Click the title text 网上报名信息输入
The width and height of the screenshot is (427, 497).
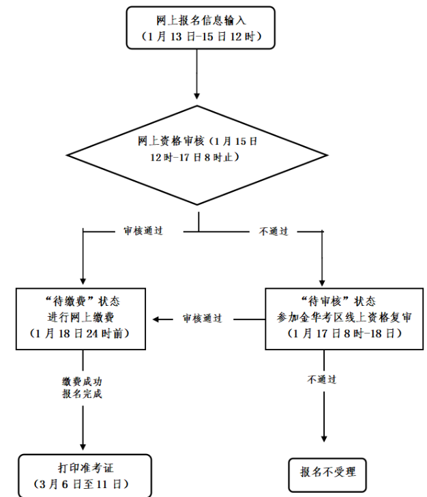[201, 19]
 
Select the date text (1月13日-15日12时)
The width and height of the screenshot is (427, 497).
[201, 35]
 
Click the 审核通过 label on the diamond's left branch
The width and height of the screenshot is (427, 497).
[143, 231]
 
